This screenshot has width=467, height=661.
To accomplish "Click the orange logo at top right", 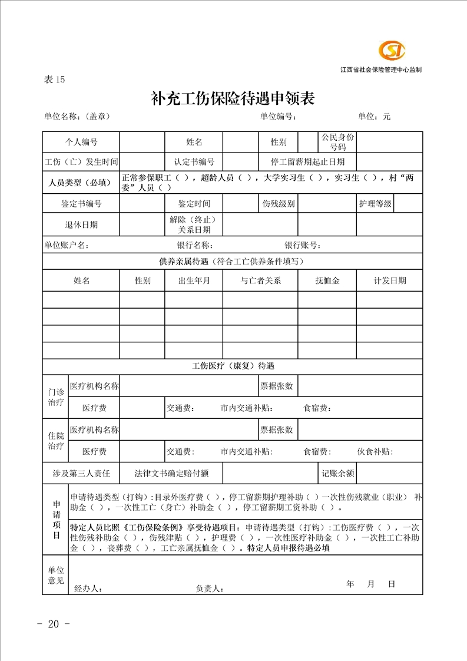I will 392,51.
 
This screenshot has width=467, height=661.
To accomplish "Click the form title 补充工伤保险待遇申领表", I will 233,98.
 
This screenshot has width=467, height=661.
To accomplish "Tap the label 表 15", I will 54,80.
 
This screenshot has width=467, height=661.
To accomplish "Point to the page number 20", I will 54,624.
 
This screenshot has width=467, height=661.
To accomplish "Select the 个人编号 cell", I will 81,142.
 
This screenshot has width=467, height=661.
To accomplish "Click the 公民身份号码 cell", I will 338,142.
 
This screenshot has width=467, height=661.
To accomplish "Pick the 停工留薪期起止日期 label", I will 308,161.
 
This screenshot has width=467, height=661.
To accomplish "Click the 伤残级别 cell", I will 279,204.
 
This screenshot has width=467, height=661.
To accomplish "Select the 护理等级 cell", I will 375,204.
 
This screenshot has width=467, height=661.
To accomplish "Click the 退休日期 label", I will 81,224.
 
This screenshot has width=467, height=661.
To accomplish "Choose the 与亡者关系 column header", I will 260,280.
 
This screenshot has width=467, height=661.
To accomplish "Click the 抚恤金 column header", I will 327,280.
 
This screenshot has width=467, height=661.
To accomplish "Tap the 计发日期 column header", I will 390,280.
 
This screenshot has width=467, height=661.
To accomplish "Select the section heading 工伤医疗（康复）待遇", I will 233,366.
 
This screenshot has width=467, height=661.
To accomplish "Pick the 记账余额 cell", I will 338,473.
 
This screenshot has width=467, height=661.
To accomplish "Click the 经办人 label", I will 88,588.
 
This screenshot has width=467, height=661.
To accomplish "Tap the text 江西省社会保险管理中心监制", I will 380,70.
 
